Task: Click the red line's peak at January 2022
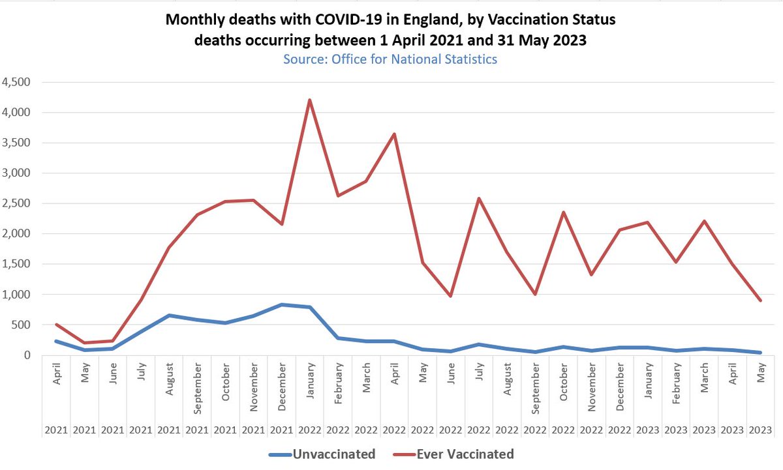(x=309, y=100)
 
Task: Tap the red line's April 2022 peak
(x=394, y=134)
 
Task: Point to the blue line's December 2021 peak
(x=281, y=304)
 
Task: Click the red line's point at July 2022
(x=479, y=198)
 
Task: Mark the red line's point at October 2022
(x=563, y=212)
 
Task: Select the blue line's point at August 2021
(x=169, y=316)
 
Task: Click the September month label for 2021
(x=197, y=385)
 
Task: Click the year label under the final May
(x=761, y=430)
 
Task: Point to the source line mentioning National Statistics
(x=390, y=59)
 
